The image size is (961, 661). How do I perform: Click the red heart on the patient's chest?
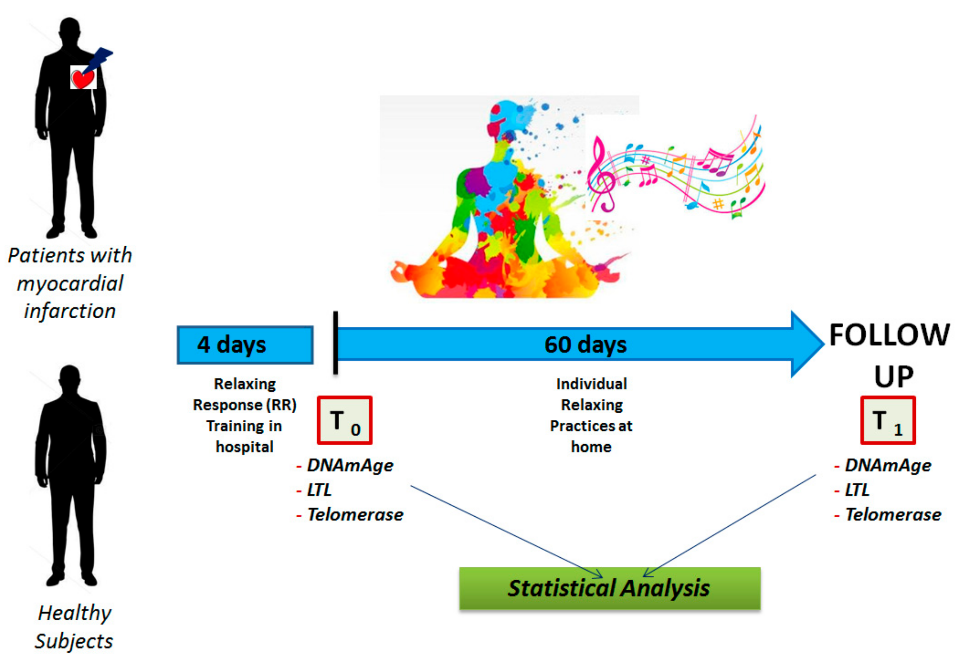coord(83,78)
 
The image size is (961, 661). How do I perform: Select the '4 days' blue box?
coord(245,345)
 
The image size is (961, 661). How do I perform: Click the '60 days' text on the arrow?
coord(585,344)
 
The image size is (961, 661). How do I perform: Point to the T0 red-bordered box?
coord(344,420)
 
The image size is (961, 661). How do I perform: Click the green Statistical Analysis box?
coord(610,588)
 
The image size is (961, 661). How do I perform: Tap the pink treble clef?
coord(602,174)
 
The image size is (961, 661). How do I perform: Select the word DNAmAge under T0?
coord(350,465)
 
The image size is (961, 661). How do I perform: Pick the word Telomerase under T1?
coord(893,515)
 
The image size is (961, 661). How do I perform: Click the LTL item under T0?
coord(319,490)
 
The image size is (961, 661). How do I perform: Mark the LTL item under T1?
coord(857,490)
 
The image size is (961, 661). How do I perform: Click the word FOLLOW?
coord(889,335)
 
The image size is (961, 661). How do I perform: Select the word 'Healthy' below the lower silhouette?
coord(75,613)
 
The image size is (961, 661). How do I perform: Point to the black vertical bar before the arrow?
coord(335,343)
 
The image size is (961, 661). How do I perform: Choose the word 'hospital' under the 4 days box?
coord(244,447)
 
